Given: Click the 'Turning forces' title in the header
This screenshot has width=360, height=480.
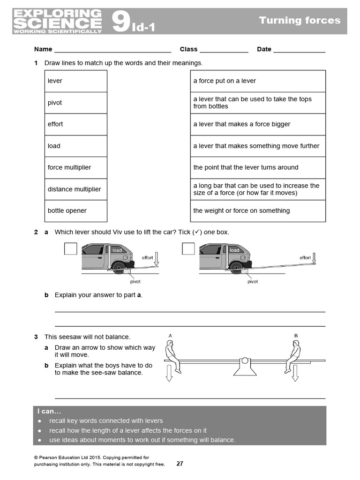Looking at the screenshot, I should (300, 20).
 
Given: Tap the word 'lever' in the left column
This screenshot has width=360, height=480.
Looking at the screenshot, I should (55, 81).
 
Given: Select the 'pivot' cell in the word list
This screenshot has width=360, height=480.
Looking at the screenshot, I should (55, 103).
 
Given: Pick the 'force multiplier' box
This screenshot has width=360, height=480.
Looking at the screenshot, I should (69, 167).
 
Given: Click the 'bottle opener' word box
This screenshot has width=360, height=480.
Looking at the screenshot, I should (67, 210).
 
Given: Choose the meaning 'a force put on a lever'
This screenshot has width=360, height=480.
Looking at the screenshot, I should (225, 81).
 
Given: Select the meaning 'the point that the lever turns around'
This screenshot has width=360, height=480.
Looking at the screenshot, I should (246, 167).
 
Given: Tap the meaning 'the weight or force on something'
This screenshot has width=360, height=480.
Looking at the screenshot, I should (241, 210).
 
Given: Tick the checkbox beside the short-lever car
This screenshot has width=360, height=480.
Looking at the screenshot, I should (70, 248).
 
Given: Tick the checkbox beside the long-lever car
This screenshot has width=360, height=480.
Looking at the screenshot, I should (188, 248).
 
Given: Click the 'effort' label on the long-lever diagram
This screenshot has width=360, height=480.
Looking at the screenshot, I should (305, 258).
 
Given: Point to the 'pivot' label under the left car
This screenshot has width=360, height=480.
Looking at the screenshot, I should (135, 281).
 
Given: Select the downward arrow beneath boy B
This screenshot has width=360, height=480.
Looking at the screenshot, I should (295, 374).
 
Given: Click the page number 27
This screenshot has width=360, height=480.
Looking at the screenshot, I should (180, 464).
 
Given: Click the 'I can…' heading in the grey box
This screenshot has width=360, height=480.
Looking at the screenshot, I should (49, 412).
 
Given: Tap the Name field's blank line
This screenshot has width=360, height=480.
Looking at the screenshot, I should (112, 50).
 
